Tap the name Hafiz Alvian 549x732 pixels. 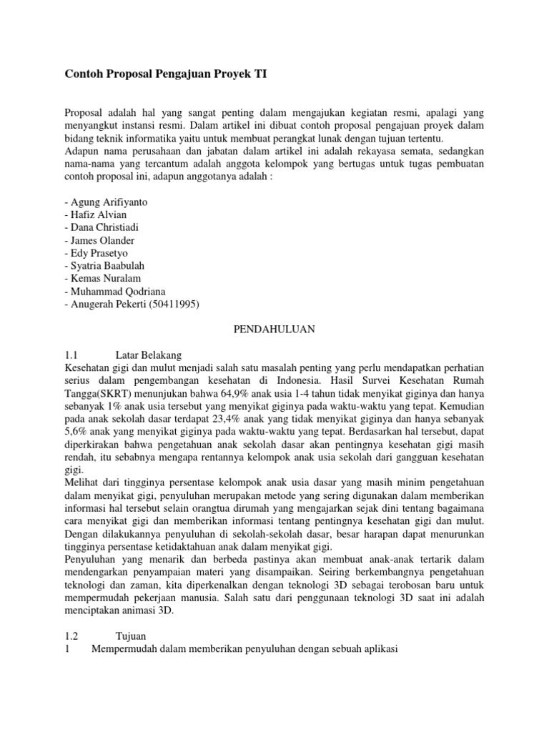click(97, 214)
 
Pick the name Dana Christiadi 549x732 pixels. click(104, 227)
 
